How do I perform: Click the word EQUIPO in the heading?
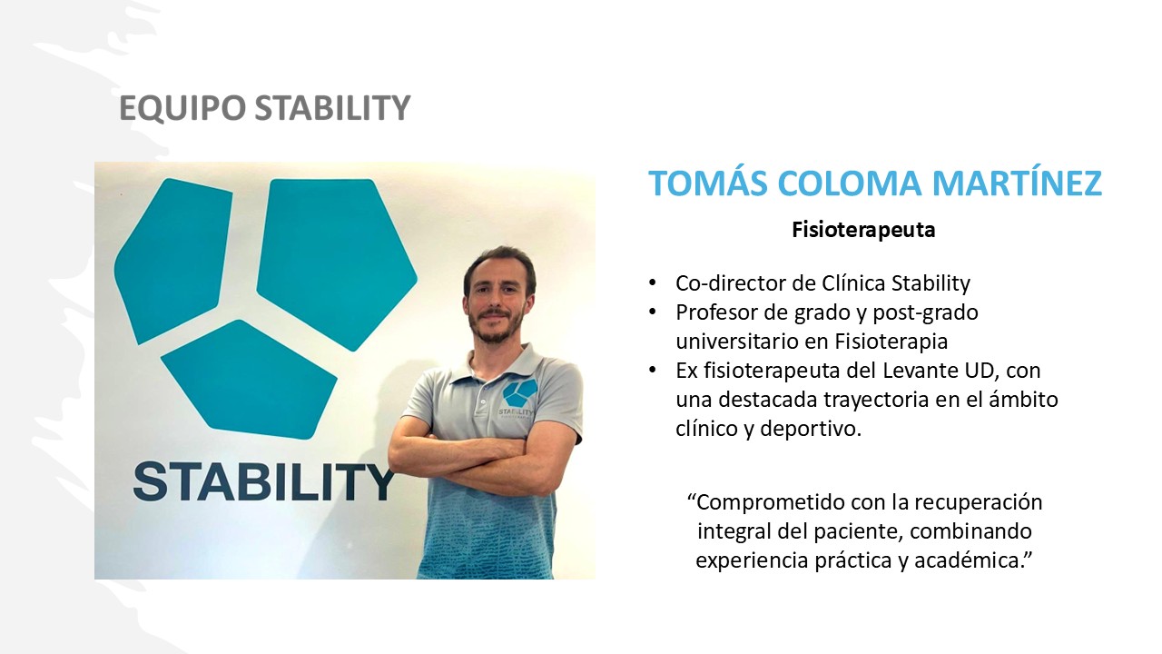point(182,108)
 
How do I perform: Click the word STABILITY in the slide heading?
point(332,107)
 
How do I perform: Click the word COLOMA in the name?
point(849,183)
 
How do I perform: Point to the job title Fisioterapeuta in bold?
point(863,230)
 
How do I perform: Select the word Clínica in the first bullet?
point(854,283)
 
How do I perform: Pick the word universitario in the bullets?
point(736,342)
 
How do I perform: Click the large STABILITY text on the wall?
point(265,482)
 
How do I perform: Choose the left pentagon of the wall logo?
point(172,261)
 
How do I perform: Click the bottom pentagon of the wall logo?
point(250,379)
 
